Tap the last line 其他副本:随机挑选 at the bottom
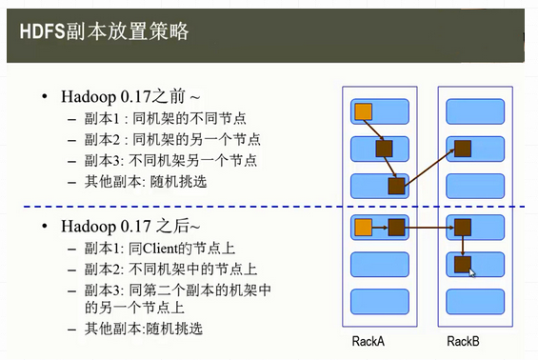(x=143, y=329)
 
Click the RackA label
(x=369, y=340)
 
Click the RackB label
(x=464, y=340)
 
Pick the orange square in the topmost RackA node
(x=363, y=112)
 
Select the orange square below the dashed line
(x=363, y=227)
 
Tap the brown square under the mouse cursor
(x=462, y=264)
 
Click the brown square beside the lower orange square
(x=396, y=227)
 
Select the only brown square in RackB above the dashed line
(x=462, y=148)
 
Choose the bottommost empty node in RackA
(x=381, y=301)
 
